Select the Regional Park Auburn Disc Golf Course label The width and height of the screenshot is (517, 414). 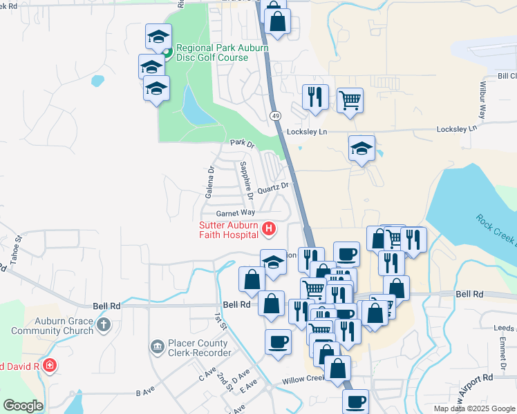[x=212, y=53]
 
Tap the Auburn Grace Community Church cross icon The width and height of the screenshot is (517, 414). [x=103, y=324]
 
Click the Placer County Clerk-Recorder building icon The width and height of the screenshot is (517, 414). [x=157, y=344]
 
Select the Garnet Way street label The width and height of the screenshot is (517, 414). [x=235, y=214]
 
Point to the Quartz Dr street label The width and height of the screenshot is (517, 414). [x=272, y=187]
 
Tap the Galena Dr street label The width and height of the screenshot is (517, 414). [x=210, y=181]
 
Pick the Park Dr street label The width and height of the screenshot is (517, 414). [x=243, y=144]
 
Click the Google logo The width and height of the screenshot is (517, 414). [x=23, y=406]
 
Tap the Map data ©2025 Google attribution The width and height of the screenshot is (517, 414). [x=474, y=408]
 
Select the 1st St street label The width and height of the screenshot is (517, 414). [x=220, y=321]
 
